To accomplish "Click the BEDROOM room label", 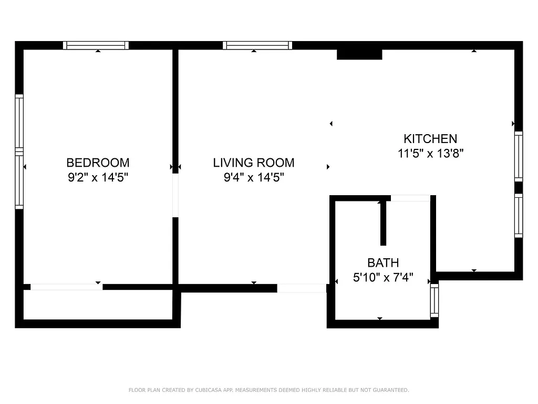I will coord(98,163).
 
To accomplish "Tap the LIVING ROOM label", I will coord(254,163).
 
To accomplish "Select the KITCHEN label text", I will coord(430,139).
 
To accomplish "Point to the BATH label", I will coord(383,262).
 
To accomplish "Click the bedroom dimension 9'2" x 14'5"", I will coord(98,178).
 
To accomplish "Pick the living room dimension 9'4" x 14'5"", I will coord(254,178).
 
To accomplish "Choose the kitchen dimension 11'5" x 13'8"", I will coord(430,154).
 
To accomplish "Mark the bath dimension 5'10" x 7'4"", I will coord(383,278).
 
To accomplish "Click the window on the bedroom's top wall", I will coord(96,45).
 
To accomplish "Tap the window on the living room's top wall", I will coord(257,45).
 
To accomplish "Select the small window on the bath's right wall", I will coord(434,300).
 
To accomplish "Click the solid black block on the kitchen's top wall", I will coord(359,54).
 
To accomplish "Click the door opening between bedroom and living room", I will coord(175,195).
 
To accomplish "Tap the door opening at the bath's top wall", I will coord(410,198).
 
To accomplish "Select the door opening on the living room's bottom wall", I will coord(302,288).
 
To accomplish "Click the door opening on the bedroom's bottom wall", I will coord(66,287).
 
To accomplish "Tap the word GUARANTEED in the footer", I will coord(390,390).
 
